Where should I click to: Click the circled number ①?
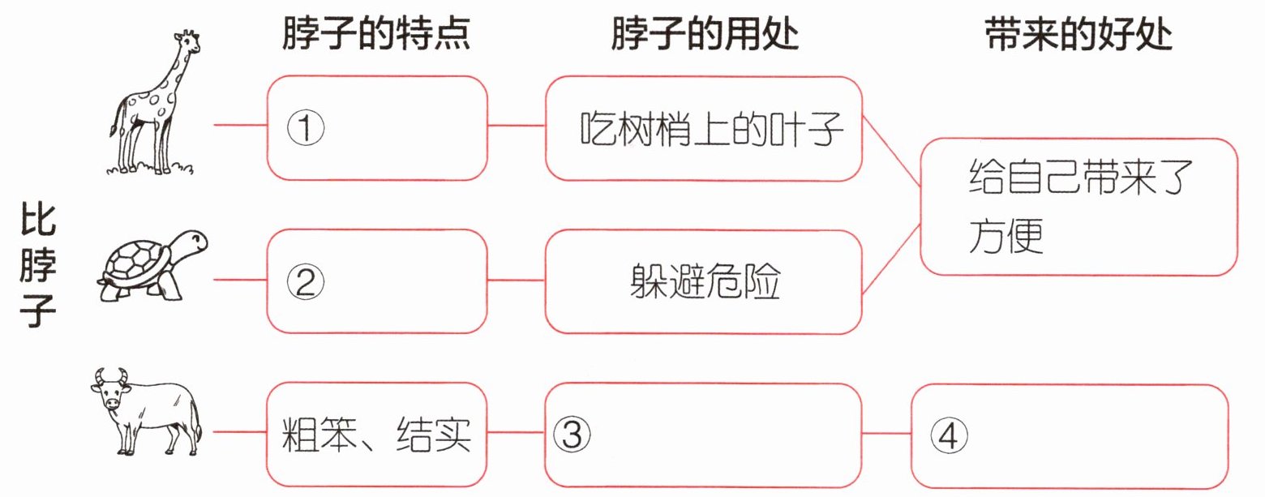point(306,127)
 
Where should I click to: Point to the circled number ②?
point(306,281)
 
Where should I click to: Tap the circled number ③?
point(572,435)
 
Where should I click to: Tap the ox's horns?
point(109,375)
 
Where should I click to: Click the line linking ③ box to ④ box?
point(885,435)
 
